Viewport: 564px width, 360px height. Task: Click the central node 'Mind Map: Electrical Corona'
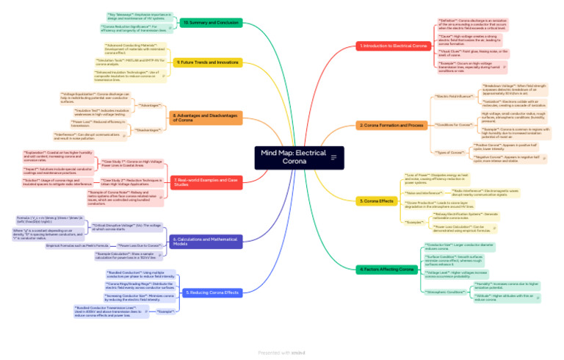294,157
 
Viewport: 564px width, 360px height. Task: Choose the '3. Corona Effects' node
377,201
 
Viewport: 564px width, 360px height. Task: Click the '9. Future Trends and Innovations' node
208,62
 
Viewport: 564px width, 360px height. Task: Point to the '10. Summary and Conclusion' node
211,23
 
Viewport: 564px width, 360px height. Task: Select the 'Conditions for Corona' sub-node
454,125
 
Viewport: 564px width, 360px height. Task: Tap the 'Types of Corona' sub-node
451,152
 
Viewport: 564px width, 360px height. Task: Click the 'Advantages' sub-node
150,105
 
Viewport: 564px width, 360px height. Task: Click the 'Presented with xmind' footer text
281,353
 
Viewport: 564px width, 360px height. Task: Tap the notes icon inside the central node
334,157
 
